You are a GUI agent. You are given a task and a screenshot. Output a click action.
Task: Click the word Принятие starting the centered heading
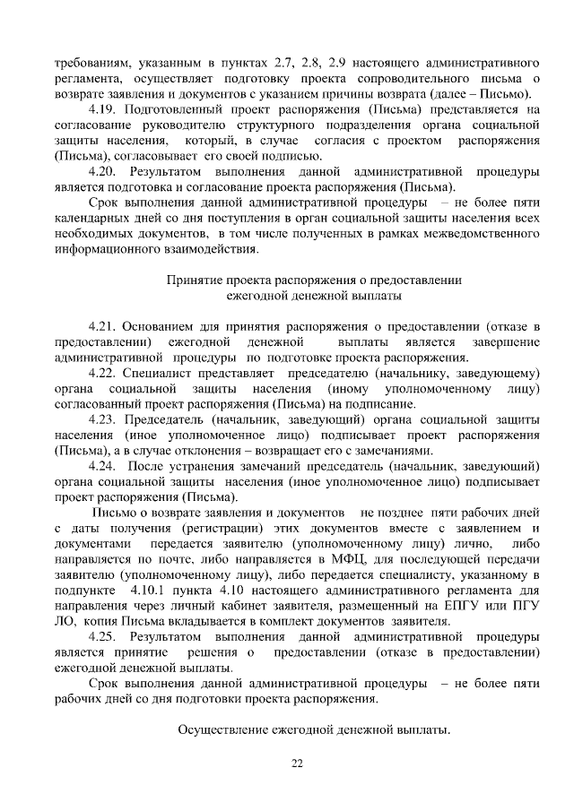(194, 279)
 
